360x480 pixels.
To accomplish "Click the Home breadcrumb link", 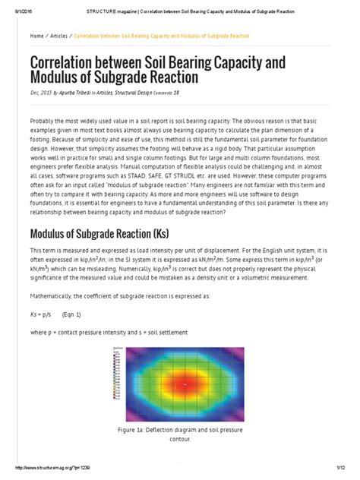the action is coord(36,36).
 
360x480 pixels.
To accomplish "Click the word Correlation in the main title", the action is coord(72,62).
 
